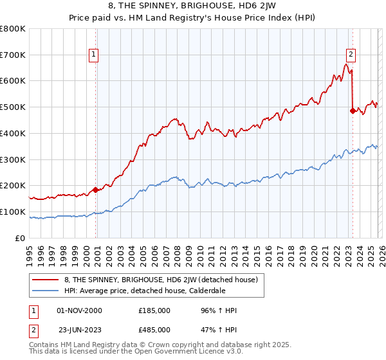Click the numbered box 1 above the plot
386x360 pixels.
[94, 55]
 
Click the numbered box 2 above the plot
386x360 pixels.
[351, 55]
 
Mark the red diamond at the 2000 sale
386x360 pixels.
[95, 190]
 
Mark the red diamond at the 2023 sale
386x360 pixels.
[353, 111]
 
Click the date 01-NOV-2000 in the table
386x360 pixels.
[79, 310]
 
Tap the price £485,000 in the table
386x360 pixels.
[154, 329]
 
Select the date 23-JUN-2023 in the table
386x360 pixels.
[79, 329]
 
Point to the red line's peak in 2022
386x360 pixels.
[346, 64]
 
